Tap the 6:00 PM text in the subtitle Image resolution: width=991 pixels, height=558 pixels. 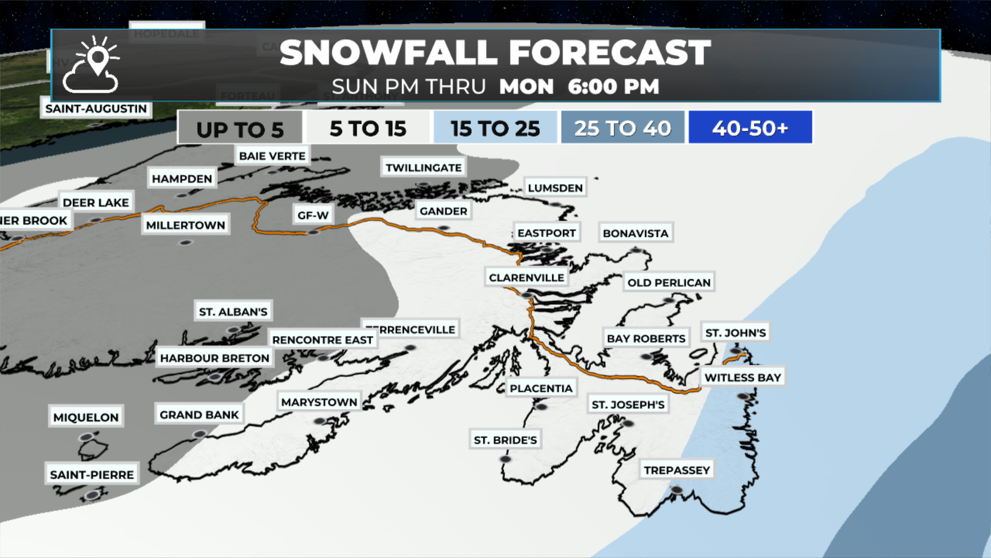613,87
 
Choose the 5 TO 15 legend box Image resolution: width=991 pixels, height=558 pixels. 368,128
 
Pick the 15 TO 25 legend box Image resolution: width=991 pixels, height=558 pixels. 495,128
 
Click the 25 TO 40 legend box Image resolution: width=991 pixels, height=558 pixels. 622,128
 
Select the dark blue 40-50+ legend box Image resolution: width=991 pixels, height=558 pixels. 750,128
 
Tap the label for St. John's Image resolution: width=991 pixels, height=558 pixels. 736,333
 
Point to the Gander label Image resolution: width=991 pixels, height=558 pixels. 443,211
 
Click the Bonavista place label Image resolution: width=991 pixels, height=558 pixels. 635,234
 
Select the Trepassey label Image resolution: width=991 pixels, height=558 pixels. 677,470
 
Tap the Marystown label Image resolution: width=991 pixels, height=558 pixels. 319,402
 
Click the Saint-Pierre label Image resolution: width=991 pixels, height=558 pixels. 92,475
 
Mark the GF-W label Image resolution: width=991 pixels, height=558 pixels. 313,215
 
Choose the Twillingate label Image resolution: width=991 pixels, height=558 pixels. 423,168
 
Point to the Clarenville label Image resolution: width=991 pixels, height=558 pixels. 526,278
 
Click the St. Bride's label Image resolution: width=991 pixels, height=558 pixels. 505,440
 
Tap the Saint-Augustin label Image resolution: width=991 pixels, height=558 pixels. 96,109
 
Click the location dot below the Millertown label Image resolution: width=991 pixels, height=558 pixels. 186,242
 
